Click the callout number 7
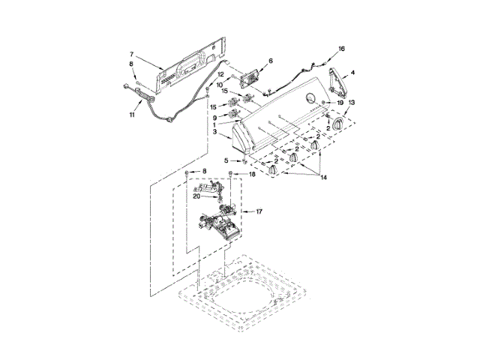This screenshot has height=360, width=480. pos(131,54)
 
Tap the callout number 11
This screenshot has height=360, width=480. pos(131,114)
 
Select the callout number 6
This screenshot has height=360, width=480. pos(270,60)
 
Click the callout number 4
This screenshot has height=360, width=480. pos(353,73)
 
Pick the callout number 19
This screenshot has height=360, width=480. pos(339,102)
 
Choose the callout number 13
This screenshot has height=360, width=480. pos(352,102)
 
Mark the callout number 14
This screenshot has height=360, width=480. pos(325,178)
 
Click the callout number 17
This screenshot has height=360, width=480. pos(259,212)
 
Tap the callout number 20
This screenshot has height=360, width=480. pos(196,196)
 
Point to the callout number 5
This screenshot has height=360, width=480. pos(226,161)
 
